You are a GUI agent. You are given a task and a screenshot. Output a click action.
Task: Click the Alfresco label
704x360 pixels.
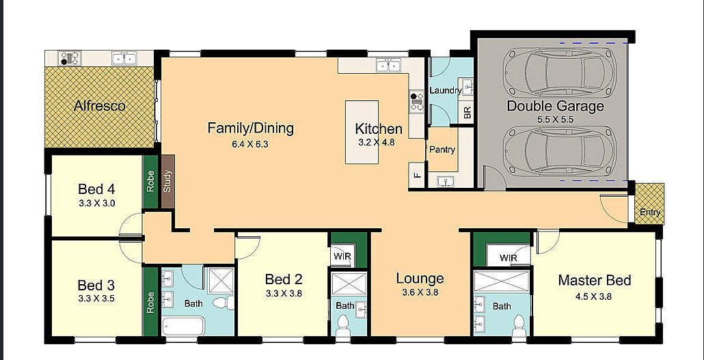99,106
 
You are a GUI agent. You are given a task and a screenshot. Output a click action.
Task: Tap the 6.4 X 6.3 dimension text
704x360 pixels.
251,144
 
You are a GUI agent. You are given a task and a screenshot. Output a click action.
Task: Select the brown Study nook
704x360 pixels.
167,181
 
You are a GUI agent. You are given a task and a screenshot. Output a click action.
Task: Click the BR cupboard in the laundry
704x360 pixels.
467,113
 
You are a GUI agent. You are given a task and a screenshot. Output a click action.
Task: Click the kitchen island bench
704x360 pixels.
362,133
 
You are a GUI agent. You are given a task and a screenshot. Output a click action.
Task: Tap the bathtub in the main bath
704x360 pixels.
183,325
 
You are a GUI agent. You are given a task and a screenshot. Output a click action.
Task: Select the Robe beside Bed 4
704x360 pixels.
150,181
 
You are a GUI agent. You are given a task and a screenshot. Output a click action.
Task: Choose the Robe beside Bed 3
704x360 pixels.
150,302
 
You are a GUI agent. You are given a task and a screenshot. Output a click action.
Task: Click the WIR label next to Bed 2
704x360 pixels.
342,258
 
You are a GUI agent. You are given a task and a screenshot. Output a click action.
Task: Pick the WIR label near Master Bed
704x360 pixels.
509,258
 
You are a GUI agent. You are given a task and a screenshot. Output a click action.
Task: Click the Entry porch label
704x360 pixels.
650,212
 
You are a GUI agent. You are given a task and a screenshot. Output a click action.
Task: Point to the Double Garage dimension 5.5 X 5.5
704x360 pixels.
555,120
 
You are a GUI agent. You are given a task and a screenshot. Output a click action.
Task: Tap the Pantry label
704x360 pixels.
442,150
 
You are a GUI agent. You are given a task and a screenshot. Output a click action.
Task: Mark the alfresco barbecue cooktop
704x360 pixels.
70,58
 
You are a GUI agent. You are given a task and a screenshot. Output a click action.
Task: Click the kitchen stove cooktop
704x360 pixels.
416,102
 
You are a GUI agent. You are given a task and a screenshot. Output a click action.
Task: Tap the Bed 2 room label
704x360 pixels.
284,279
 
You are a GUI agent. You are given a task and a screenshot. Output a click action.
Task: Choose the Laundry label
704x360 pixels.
446,90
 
